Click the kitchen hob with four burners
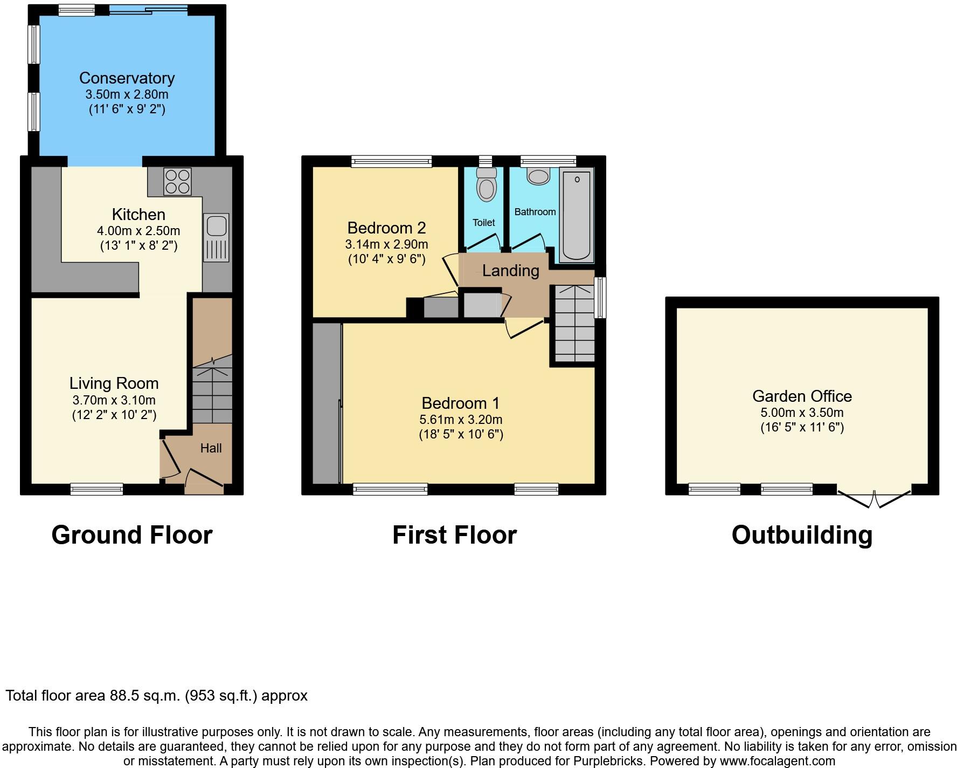coord(177,181)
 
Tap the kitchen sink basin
coord(216,225)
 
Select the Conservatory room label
coord(127,78)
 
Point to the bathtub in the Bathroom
coord(577,215)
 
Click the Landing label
coord(510,271)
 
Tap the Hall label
coord(211,448)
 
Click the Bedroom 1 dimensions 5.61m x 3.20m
coord(461,420)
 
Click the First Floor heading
coord(454,535)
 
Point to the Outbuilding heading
coord(802,535)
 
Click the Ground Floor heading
coord(132,535)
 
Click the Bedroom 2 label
coord(386,228)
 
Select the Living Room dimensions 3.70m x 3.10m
coord(114,400)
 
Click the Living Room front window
coord(97,489)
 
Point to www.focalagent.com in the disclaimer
coord(775,761)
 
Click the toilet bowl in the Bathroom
coord(538,176)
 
